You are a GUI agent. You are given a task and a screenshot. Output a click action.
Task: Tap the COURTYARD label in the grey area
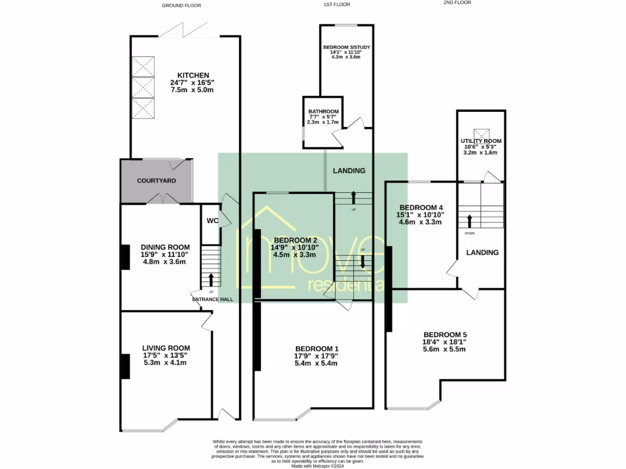pos(156,181)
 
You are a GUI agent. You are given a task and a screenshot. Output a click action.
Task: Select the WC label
pos(213,221)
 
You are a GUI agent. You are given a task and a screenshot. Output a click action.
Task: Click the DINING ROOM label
pos(165,247)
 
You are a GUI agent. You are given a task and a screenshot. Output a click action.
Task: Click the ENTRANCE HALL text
pos(213,299)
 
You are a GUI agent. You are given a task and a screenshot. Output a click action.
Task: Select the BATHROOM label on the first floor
pos(323,112)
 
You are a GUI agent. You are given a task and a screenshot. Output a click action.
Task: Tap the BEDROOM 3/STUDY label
pos(347,47)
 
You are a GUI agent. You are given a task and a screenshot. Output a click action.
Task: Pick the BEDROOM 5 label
pos(445,335)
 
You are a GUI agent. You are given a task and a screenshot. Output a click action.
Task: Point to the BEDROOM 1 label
pos(317,349)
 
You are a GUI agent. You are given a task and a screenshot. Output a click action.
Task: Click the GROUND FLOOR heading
pos(181,5)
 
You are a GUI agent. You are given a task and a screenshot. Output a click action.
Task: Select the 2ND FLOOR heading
pos(457,2)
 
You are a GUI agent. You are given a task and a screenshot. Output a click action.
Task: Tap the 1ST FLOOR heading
pos(336,5)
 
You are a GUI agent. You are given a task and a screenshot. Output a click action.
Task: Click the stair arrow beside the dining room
pos(212,279)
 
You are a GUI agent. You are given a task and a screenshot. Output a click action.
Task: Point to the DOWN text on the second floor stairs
pos(469,233)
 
